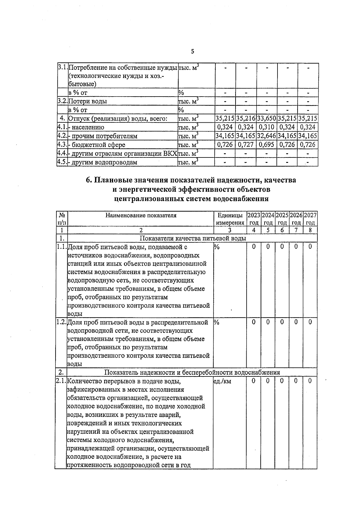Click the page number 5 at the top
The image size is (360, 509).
pos(192,51)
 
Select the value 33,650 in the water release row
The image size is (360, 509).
pos(266,118)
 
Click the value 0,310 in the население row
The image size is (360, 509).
pos(266,127)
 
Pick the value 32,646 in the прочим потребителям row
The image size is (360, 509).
pos(266,136)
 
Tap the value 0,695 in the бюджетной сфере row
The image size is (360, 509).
pos(266,145)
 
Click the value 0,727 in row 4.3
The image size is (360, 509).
pos(245,145)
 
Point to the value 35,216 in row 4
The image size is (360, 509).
pos(245,118)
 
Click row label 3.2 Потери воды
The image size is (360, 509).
pos(88,101)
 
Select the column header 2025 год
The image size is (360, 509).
pos(282,219)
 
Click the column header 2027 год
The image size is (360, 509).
pos(310,219)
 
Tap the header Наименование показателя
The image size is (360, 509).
pos(141,215)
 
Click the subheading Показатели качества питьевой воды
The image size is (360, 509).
pos(193,238)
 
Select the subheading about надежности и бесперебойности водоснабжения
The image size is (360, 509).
pos(192,373)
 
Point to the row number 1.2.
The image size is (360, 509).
pos(61,322)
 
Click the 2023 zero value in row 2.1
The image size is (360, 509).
pos(254,381)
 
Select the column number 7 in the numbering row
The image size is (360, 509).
pos(296,230)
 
